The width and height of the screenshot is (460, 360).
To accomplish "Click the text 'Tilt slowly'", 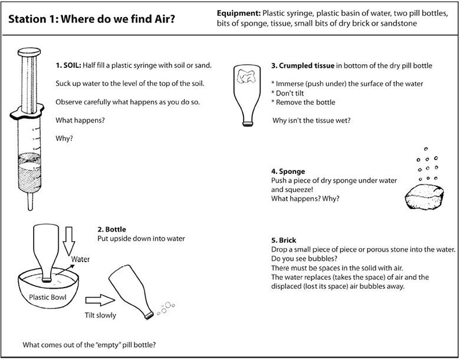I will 100,315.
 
